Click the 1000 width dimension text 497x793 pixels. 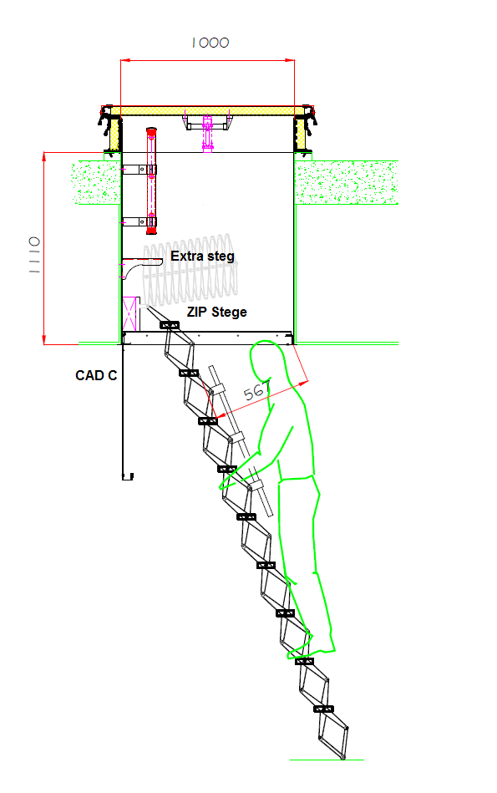(x=210, y=43)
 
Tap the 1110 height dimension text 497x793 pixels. (x=34, y=255)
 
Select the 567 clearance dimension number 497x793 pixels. (x=257, y=390)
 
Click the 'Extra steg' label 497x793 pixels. (x=202, y=257)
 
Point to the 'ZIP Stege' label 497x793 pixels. (x=217, y=312)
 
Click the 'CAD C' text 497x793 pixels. (x=96, y=375)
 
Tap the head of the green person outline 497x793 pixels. (x=268, y=362)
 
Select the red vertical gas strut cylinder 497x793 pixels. (x=151, y=181)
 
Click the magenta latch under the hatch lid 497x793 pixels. (x=207, y=134)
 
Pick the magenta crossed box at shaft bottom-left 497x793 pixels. (x=130, y=314)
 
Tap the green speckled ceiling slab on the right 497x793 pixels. (x=347, y=182)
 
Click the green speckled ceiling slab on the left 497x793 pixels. (x=96, y=182)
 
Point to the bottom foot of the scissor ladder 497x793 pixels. (x=343, y=757)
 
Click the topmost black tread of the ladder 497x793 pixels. (x=170, y=325)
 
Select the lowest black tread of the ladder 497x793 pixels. (x=323, y=709)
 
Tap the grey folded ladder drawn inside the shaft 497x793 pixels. (x=190, y=271)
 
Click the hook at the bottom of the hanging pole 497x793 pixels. (x=128, y=476)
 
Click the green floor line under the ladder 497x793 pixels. (x=327, y=760)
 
